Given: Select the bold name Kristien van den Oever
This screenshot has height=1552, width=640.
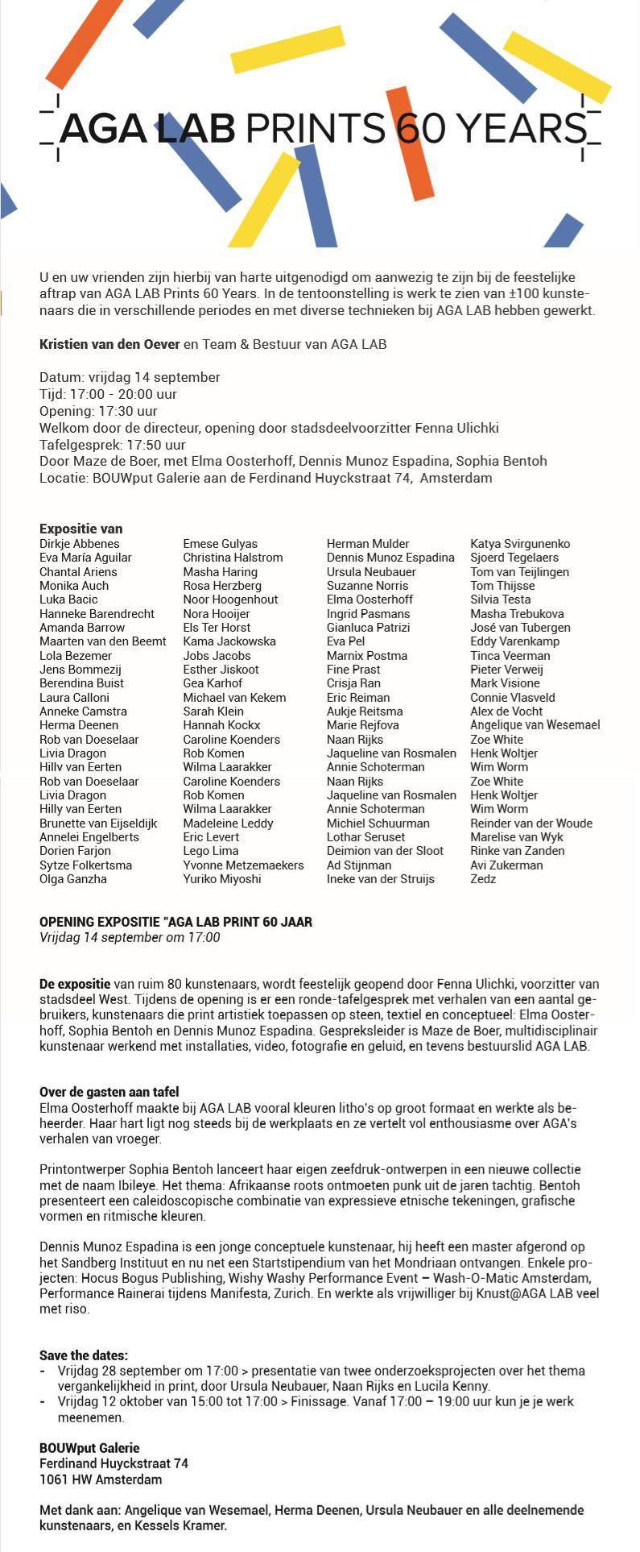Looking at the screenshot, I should pos(109,344).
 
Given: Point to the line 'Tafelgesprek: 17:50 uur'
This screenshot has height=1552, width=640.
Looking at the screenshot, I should pos(113,444).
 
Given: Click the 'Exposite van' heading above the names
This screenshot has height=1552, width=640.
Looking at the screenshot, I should pos(81,529).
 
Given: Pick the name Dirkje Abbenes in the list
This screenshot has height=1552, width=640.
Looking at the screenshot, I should pos(80,544).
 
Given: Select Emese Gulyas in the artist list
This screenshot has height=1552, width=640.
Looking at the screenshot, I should pos(221,544).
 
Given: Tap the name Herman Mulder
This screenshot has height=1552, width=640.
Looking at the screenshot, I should pos(368,544).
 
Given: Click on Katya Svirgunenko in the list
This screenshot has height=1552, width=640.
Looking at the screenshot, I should pos(520,544).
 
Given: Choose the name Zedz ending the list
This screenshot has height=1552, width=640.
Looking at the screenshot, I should pos(483,879).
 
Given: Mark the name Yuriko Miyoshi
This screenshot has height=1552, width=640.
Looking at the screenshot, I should pos(222,879).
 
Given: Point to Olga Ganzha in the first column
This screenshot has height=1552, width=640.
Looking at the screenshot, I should pos(73,879).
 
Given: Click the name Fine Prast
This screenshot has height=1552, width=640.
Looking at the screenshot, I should pos(353,670).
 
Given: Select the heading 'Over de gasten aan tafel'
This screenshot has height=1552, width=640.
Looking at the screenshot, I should pos(109,1092).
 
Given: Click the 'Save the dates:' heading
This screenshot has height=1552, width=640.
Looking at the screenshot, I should pos(84,1355).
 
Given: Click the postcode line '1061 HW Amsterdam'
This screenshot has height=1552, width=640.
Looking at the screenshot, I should pos(101,1479).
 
